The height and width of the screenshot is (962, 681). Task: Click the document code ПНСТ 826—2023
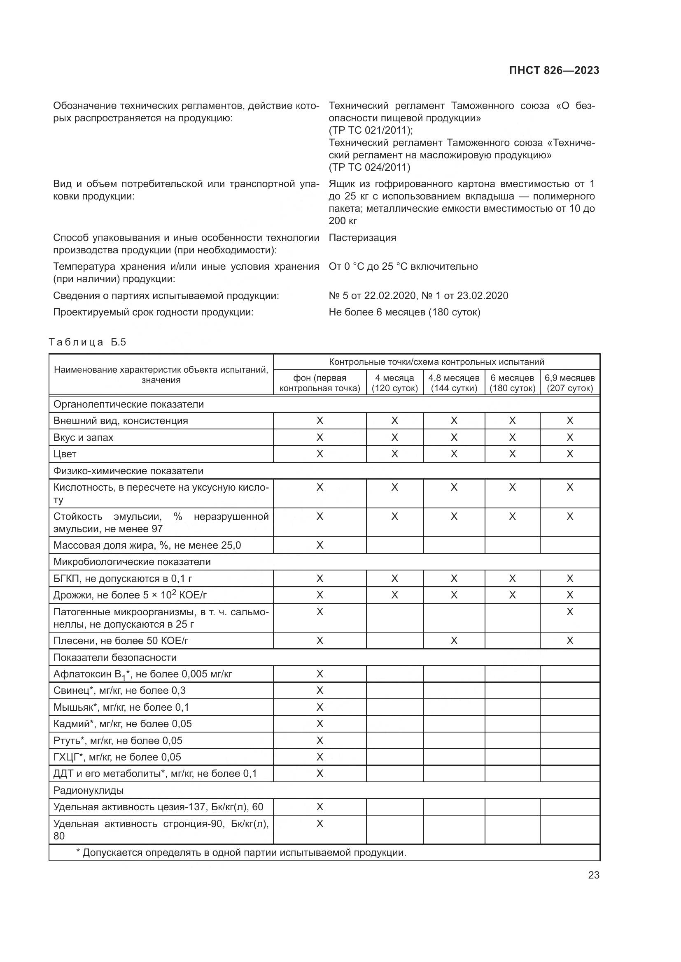point(554,70)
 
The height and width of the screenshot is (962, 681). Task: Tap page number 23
point(593,875)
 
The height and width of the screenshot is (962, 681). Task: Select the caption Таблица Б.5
point(87,342)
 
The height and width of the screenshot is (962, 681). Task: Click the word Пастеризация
point(362,238)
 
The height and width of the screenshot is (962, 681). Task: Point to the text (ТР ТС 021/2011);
point(371,130)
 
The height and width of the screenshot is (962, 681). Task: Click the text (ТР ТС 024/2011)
point(369,167)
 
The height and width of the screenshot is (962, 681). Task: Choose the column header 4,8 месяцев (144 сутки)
point(454,383)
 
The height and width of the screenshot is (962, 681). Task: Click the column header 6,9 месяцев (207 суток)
point(569,383)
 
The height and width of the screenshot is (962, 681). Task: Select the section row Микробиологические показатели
point(132,562)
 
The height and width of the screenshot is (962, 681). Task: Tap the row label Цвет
point(65,454)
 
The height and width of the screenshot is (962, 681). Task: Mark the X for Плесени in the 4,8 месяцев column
point(454,641)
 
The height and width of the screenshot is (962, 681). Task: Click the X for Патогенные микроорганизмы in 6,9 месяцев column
point(569,612)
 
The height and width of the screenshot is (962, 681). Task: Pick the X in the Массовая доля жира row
point(320,545)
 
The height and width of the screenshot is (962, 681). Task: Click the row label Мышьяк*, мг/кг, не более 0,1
point(121,707)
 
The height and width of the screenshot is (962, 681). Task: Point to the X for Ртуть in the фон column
point(320,740)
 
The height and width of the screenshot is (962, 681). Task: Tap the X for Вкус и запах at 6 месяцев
point(512,438)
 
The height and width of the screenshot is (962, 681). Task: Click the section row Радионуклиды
point(89,790)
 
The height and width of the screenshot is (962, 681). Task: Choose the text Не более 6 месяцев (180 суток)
point(404,312)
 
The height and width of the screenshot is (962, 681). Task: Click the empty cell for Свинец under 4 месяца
point(394,691)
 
